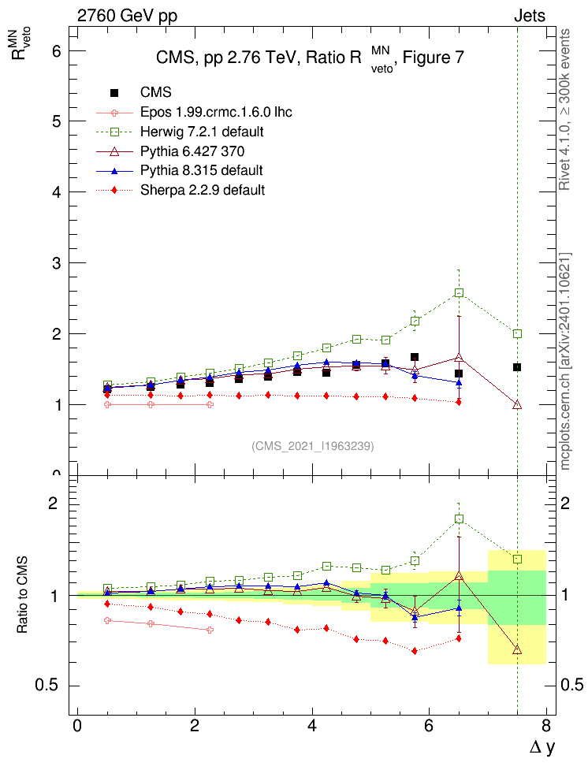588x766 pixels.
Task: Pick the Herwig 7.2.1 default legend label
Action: [203, 131]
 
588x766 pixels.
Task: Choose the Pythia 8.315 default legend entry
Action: [202, 170]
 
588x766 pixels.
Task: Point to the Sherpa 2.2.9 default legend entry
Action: [203, 190]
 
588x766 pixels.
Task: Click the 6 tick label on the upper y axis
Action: [58, 50]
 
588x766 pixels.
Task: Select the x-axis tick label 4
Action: [312, 725]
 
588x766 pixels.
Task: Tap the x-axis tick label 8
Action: [546, 725]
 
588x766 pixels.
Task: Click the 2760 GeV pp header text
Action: [126, 16]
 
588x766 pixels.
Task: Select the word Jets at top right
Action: [529, 16]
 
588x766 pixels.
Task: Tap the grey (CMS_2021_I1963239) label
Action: [313, 446]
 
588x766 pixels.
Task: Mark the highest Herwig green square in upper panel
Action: [459, 293]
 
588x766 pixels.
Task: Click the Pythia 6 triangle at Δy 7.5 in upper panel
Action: [517, 404]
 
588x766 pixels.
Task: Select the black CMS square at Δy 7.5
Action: [517, 367]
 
